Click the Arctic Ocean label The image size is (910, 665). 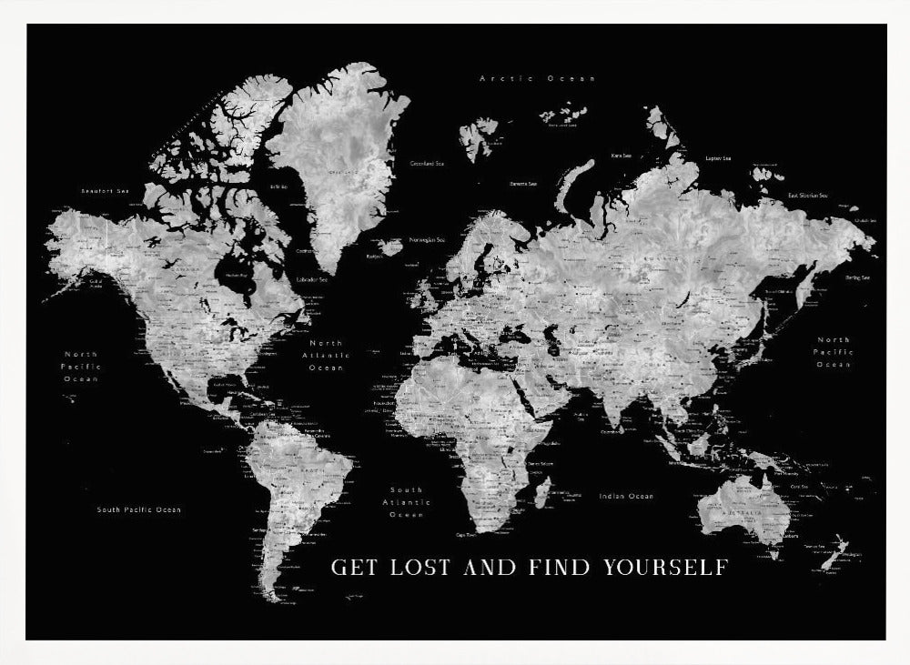tap(537, 79)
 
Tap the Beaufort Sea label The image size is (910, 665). tap(106, 191)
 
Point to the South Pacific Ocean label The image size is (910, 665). tap(139, 509)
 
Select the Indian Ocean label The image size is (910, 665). tap(626, 496)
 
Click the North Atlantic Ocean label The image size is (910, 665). tap(326, 356)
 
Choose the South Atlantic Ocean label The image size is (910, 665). tap(406, 502)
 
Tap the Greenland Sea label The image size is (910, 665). tap(427, 164)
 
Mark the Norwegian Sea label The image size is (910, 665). tap(427, 240)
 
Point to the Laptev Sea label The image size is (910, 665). tap(719, 158)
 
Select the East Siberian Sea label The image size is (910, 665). tap(807, 195)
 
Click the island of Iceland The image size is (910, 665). tap(392, 247)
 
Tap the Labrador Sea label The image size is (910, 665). tap(312, 278)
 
